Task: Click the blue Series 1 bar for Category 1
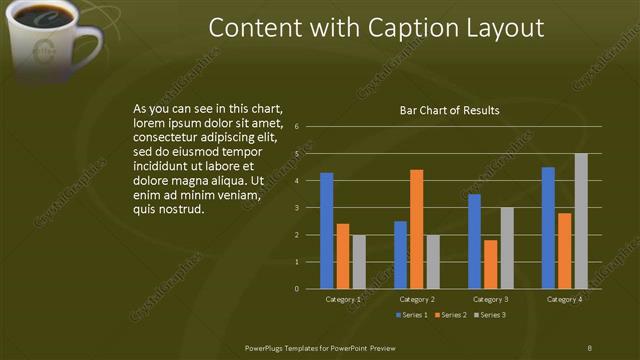(x=326, y=231)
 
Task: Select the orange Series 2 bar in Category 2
(x=416, y=229)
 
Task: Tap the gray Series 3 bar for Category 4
(x=581, y=221)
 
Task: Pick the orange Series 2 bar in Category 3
(x=490, y=264)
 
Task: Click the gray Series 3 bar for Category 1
(x=359, y=262)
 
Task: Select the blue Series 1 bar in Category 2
(x=400, y=255)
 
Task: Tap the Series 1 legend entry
(x=411, y=315)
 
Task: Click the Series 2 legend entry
(x=449, y=315)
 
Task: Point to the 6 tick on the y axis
(x=297, y=128)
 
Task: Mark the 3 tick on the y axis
(x=297, y=208)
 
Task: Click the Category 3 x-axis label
(x=490, y=299)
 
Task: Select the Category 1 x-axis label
(x=343, y=299)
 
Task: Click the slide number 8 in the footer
(x=590, y=347)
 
